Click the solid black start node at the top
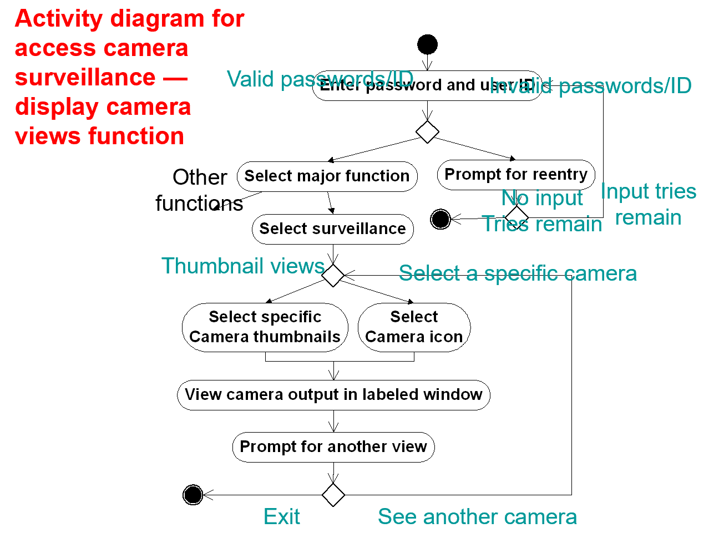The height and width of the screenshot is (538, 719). [x=427, y=44]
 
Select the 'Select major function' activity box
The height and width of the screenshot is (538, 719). [x=327, y=176]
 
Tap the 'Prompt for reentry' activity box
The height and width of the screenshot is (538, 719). [x=515, y=175]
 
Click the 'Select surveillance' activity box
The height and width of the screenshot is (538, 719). [x=332, y=229]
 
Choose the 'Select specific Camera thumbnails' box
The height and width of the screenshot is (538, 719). [x=265, y=327]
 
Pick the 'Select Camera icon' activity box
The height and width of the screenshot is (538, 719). [x=414, y=327]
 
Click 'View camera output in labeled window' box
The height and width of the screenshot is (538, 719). [x=333, y=395]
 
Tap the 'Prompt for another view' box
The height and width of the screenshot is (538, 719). [x=333, y=447]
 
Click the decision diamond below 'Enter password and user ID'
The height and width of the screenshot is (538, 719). [x=427, y=132]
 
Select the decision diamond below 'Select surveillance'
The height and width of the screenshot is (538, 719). [x=333, y=275]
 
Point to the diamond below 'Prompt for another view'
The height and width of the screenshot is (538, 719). [x=333, y=495]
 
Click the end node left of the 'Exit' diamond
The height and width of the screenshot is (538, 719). [x=193, y=495]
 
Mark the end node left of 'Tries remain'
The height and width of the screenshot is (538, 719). [x=440, y=219]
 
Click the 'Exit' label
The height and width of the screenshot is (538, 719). [x=281, y=517]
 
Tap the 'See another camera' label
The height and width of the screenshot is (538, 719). [x=477, y=517]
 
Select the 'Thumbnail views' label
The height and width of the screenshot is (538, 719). [x=242, y=266]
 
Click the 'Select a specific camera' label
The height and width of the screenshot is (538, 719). [x=518, y=273]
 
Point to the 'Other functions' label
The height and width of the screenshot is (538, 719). [x=199, y=190]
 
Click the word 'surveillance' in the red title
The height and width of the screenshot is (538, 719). [x=85, y=78]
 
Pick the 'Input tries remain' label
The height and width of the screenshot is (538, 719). [x=648, y=204]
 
